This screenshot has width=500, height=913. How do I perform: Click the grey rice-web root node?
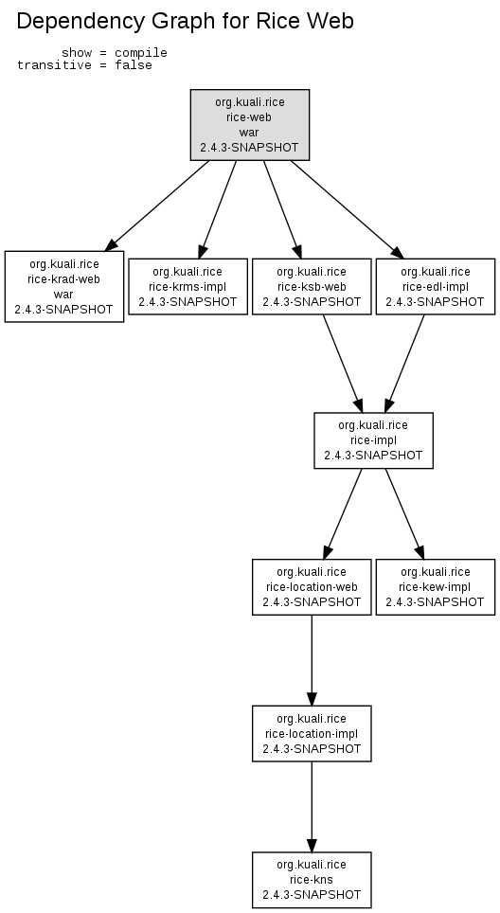coord(250,125)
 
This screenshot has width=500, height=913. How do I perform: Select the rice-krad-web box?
coord(64,286)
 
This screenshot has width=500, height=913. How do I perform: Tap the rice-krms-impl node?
coord(188,286)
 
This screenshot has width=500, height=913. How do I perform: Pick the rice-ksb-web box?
coord(312,286)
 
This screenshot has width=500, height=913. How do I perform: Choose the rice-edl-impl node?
coord(436,286)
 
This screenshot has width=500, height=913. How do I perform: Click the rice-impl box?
coord(374,440)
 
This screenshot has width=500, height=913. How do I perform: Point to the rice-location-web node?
coord(312,587)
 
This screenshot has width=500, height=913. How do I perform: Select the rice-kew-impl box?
coord(436,587)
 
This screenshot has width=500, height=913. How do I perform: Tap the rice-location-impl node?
coord(312,734)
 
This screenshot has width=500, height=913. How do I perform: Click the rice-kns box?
coord(312,880)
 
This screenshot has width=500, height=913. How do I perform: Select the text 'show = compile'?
coord(115,53)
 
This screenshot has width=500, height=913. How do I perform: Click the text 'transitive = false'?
coord(84,65)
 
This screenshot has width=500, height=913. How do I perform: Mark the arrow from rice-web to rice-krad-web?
coord(157,206)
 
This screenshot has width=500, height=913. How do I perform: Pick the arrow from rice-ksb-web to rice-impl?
coord(343,364)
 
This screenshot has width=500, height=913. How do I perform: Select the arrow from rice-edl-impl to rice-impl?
coord(404,364)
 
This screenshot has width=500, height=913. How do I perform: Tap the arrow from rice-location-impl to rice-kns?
coord(312,807)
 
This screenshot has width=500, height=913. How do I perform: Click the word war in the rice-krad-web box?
coord(63,294)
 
